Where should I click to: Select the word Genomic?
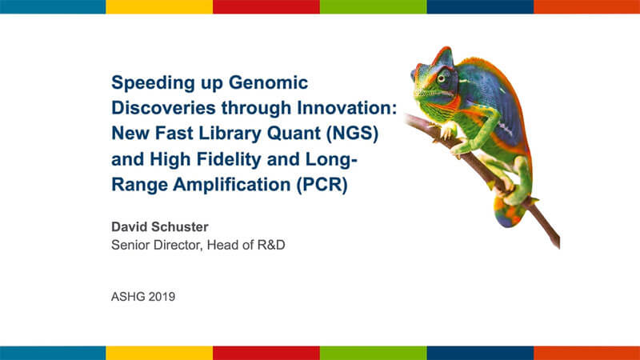point(268,83)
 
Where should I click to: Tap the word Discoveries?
point(163,108)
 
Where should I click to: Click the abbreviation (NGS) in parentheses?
point(352,134)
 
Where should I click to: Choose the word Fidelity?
point(229,159)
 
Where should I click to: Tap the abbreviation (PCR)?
point(322,185)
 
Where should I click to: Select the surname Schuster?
point(183,226)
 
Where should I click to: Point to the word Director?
point(177,245)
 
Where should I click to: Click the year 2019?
point(162,297)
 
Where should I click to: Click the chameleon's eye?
point(442,78)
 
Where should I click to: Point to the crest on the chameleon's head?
point(443,56)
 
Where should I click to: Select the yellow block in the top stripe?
point(159,7)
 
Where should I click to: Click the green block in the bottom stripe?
point(373,353)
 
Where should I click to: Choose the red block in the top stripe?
point(266,7)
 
